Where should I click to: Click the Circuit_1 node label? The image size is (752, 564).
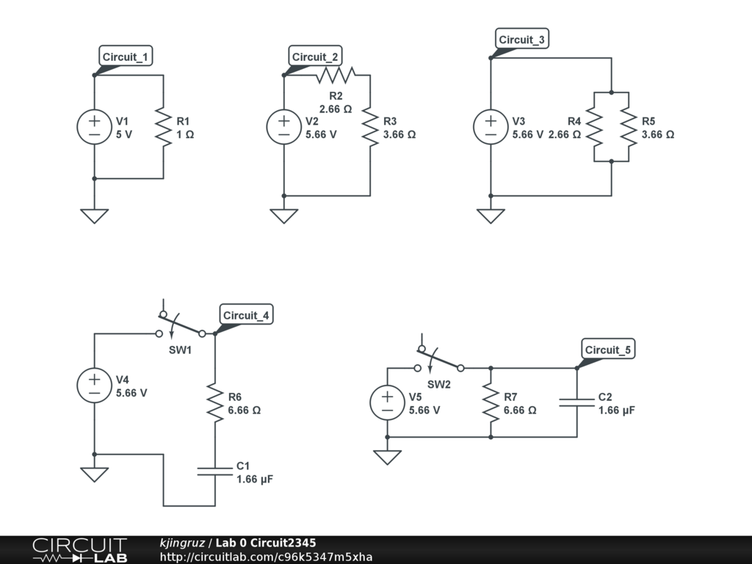[127, 57]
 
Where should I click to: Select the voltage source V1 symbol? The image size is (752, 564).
[95, 126]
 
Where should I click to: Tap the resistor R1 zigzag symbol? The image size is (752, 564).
[163, 126]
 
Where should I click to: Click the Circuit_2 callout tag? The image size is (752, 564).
[316, 57]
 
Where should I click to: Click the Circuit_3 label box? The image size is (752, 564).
[522, 40]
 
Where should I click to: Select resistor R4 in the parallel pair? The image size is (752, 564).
[594, 127]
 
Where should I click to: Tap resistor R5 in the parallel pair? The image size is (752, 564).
[629, 127]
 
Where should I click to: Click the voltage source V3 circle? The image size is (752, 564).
[491, 126]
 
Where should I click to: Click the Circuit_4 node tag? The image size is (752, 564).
[247, 315]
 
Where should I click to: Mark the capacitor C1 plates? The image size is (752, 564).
[215, 471]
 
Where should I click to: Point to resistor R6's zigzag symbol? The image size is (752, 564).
[215, 402]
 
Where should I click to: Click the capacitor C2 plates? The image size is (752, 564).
[576, 402]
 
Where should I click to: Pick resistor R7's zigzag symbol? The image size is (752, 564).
[491, 402]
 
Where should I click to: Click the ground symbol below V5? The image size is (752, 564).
[387, 457]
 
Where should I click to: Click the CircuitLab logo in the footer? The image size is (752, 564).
[79, 550]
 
